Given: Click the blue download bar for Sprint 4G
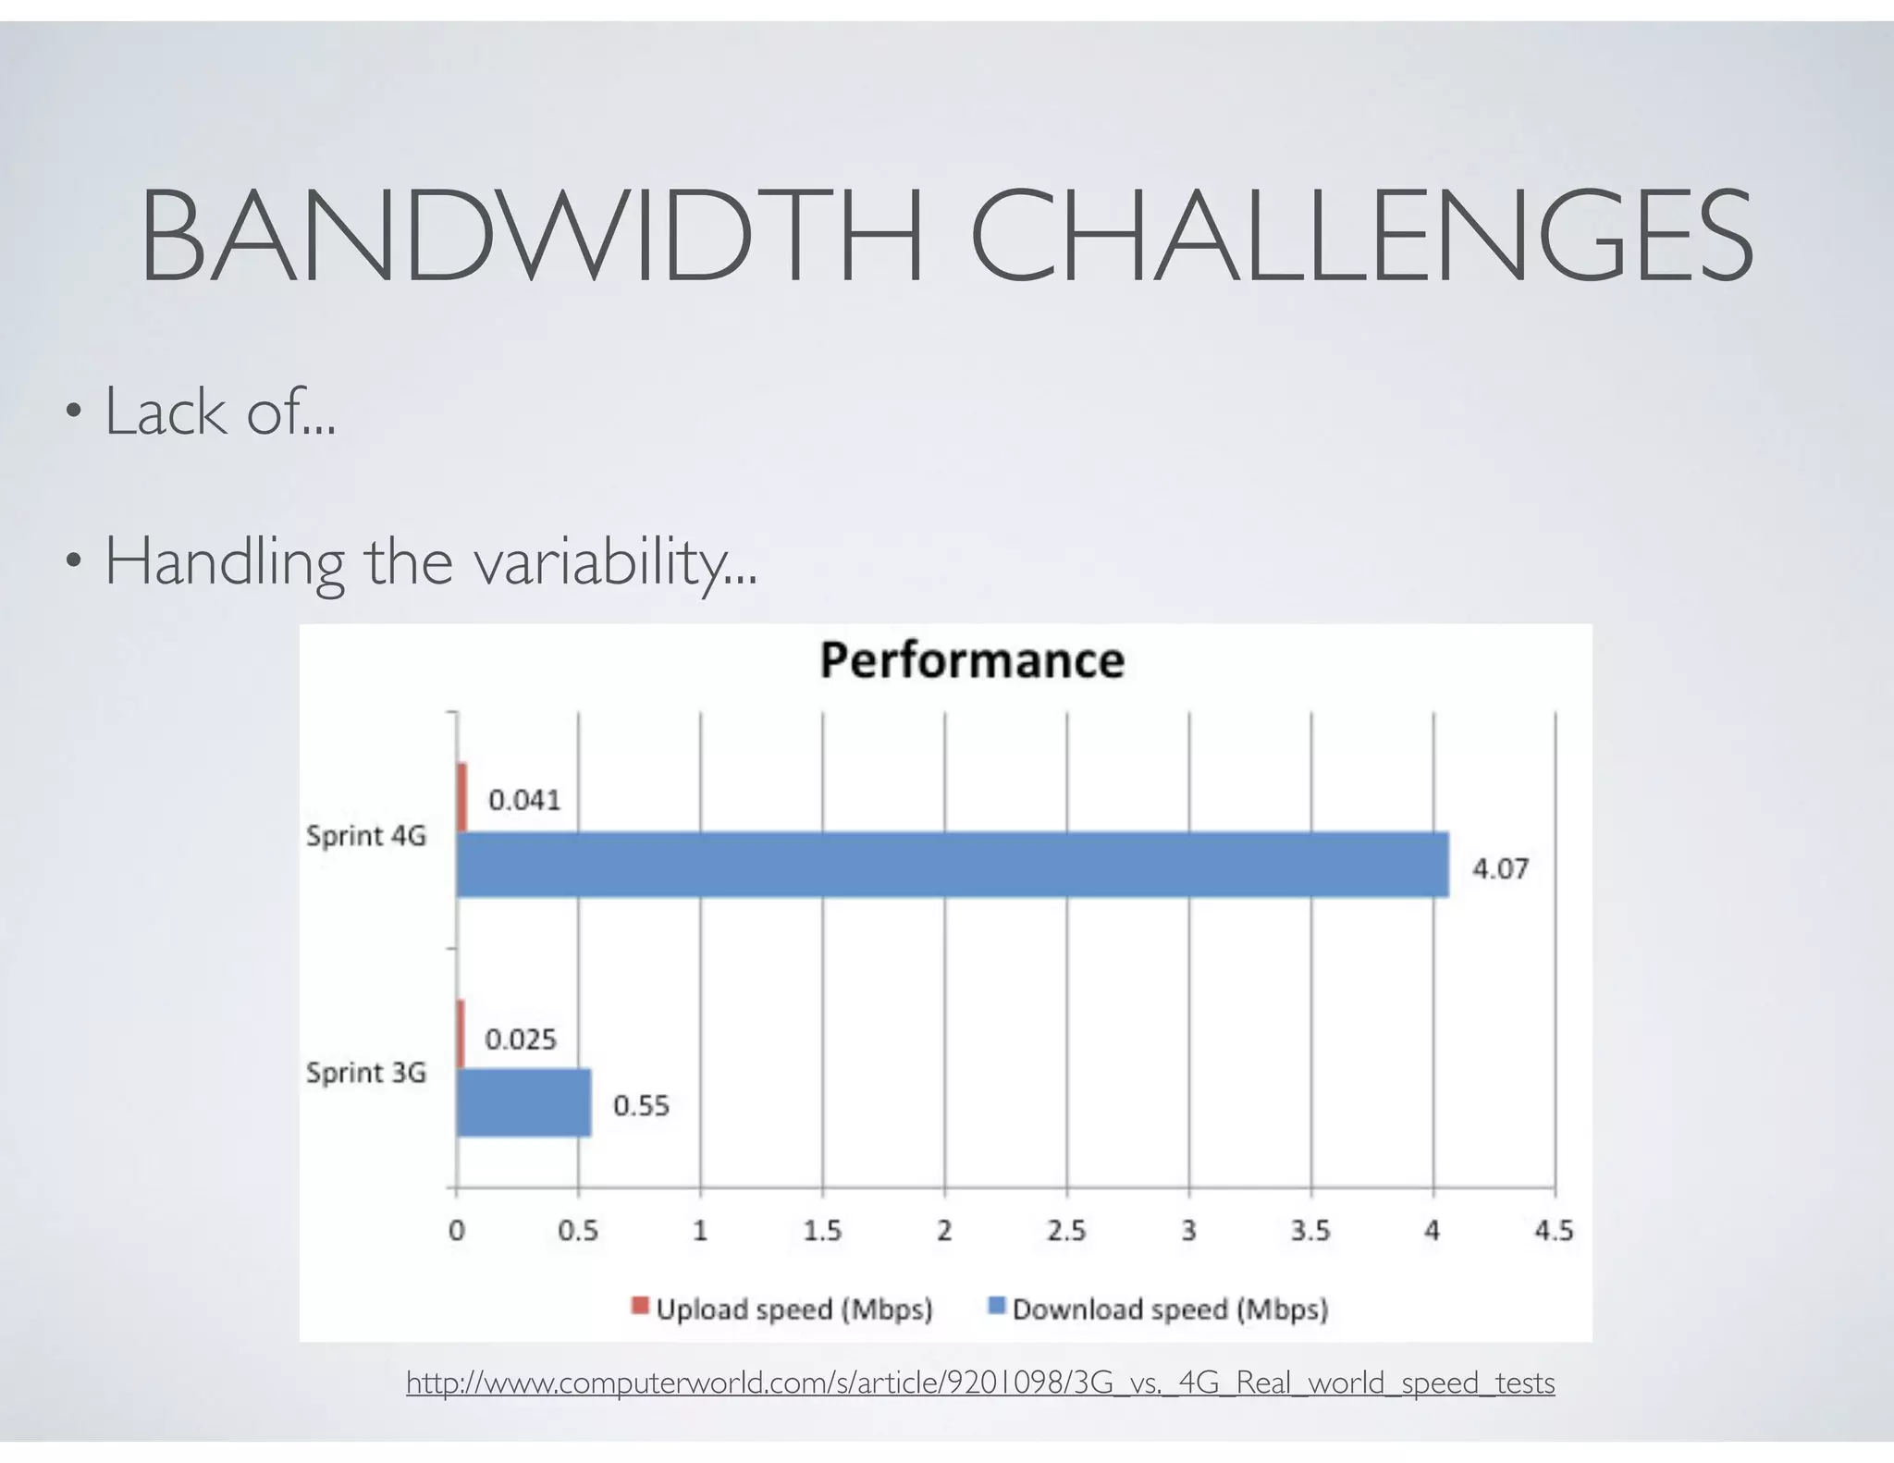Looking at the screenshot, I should (x=953, y=865).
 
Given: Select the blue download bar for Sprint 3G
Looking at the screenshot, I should (x=523, y=1102).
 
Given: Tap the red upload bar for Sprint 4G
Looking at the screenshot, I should (x=462, y=797).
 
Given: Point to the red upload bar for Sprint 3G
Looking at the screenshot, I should (x=461, y=1034).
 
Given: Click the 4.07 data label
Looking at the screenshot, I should (x=1500, y=869).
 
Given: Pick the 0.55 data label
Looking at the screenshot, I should (x=641, y=1106).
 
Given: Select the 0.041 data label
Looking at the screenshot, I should (x=524, y=800).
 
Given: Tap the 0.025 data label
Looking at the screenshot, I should (x=521, y=1039).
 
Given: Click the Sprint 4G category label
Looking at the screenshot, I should (x=366, y=836).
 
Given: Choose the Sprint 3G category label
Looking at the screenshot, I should (x=366, y=1073).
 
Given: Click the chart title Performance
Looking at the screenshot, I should (x=972, y=660).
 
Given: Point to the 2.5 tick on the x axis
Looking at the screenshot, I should (x=1065, y=1231).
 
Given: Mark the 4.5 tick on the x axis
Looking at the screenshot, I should (x=1554, y=1231).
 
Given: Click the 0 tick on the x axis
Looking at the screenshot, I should (x=456, y=1231).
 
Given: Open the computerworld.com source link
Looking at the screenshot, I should (x=980, y=1383).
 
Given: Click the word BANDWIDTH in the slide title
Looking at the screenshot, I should (x=532, y=236).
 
